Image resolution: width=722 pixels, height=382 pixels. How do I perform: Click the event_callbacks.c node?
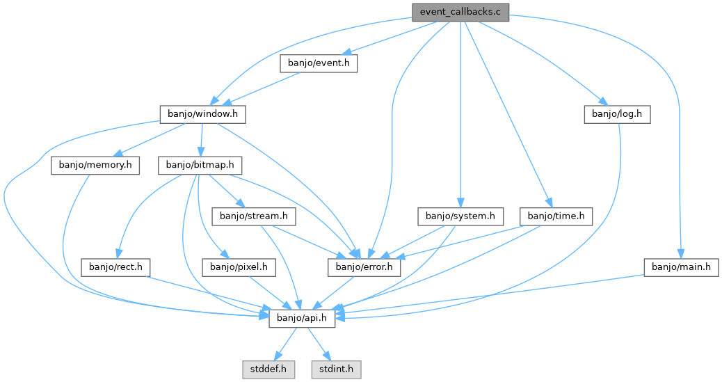[x=460, y=12]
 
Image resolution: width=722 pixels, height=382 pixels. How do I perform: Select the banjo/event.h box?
[x=319, y=63]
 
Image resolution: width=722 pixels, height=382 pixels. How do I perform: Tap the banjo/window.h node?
[x=203, y=114]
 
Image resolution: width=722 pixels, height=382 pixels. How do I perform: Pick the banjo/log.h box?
[x=617, y=114]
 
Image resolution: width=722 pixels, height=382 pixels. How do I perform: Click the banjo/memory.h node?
[x=95, y=166]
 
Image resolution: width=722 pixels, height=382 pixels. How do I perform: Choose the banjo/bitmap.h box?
[x=200, y=166]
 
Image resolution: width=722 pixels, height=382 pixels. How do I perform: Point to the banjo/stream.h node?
[x=254, y=216]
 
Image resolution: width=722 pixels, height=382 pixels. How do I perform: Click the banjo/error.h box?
[x=364, y=266]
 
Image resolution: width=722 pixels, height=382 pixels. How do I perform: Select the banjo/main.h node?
[x=680, y=266]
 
